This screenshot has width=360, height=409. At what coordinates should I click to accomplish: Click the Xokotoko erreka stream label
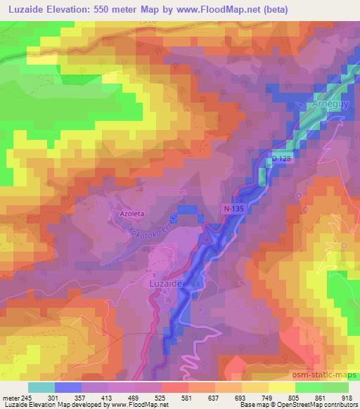tap(151, 226)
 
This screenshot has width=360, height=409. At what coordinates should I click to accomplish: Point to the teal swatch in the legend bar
tap(41, 387)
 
